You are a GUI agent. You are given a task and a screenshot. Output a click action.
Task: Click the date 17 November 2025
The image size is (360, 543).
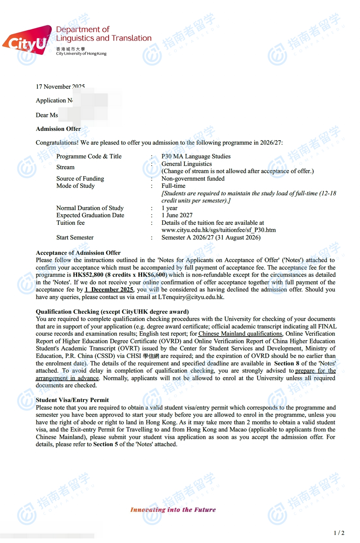(60, 87)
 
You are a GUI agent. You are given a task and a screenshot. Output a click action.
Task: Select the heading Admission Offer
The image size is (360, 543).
(58, 129)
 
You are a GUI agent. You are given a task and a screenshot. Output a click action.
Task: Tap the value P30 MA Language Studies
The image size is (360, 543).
(196, 156)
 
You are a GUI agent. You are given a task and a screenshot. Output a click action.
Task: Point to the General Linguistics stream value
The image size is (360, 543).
(187, 164)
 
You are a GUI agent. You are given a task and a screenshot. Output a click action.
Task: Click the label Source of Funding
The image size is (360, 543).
(80, 179)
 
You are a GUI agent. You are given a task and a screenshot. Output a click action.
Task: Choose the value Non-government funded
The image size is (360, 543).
(193, 179)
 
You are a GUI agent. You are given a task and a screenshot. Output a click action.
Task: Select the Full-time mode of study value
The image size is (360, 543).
(173, 186)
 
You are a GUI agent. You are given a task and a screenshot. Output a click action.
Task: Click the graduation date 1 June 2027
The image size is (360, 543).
(177, 215)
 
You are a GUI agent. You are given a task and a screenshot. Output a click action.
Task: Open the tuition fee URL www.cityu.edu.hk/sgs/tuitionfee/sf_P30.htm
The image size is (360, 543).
(218, 230)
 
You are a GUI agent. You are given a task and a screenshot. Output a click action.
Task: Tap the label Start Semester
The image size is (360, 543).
(75, 237)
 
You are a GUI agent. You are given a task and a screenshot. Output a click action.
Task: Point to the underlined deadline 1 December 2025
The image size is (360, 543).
(109, 289)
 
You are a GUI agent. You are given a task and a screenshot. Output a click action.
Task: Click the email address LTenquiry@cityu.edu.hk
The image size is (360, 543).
(191, 297)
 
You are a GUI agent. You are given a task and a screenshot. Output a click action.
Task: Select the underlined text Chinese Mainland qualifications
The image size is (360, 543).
(240, 334)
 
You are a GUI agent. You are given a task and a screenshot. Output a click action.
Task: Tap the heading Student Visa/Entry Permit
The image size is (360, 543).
(72, 400)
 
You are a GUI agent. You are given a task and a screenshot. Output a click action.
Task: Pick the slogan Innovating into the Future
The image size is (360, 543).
(173, 510)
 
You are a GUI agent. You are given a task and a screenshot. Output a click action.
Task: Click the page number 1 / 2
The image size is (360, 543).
(339, 533)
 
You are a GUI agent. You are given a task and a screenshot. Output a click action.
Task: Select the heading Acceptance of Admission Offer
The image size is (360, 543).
(78, 253)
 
